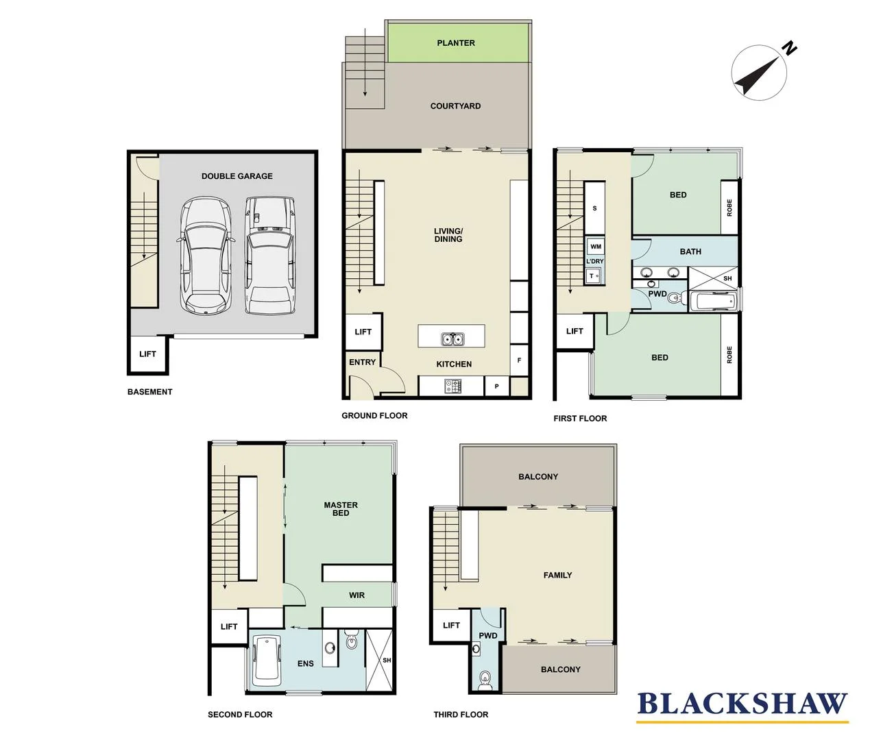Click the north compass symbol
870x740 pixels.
760,73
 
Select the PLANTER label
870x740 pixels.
456,42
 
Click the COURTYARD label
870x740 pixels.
455,106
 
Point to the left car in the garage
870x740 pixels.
204,255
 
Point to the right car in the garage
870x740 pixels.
270,255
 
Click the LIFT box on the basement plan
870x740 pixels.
147,354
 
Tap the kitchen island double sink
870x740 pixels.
451,338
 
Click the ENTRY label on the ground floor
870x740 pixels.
362,362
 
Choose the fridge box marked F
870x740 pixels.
519,360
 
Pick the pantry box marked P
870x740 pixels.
496,386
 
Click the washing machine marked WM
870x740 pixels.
595,247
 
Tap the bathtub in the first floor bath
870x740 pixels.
714,301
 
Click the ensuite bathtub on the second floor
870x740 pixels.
267,661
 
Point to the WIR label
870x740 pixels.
357,595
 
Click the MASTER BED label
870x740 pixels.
341,509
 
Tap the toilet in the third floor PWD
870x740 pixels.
485,678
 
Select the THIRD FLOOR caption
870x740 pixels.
461,715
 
